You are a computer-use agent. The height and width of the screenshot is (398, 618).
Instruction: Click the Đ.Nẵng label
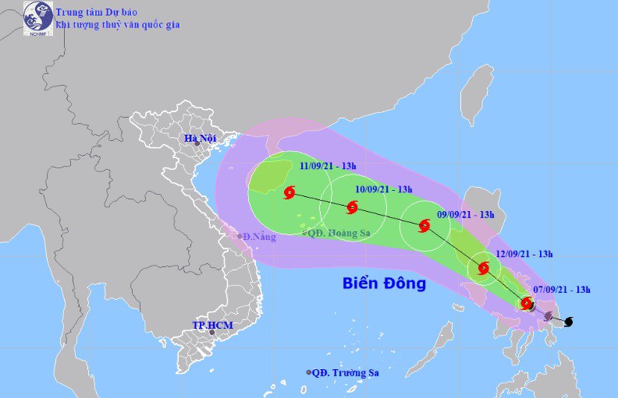pos(259,237)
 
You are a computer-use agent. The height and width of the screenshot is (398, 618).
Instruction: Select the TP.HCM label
pos(212,325)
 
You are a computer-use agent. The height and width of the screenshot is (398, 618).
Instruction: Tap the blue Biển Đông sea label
pos(385,283)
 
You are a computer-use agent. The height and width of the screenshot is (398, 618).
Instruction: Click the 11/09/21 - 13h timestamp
pos(329,165)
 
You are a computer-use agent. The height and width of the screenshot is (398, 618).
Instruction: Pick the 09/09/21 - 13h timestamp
pos(467,214)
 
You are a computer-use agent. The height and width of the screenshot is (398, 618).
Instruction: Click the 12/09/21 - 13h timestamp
pos(524,253)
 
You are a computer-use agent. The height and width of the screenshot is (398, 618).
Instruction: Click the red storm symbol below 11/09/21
pos(290,192)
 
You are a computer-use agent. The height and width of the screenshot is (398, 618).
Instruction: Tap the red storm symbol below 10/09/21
pos(352,207)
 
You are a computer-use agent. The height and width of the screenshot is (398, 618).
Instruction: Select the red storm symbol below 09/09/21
pos(424,227)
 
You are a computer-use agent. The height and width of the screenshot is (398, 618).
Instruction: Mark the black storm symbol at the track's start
pos(567,321)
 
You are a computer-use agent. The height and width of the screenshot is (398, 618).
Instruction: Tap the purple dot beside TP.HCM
pos(212,332)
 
